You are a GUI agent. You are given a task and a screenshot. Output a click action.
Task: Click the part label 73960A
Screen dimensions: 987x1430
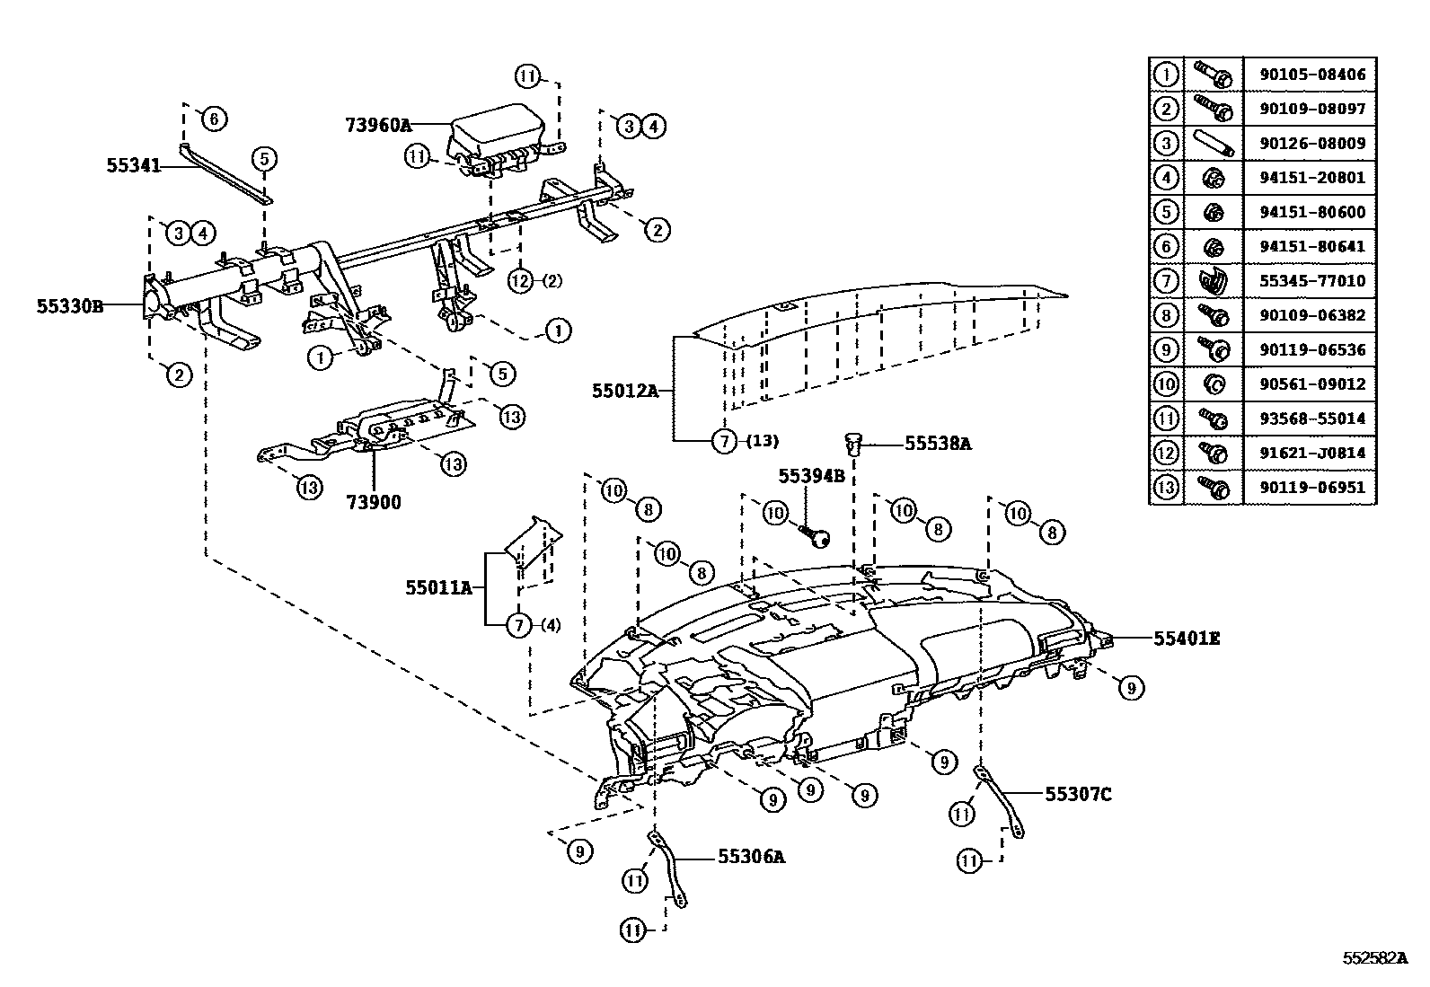[377, 124]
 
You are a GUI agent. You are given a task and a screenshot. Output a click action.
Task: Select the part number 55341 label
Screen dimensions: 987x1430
[133, 165]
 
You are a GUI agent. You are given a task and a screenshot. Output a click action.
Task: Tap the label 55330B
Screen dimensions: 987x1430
[70, 306]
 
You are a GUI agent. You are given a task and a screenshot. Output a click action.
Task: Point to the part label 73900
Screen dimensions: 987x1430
[375, 502]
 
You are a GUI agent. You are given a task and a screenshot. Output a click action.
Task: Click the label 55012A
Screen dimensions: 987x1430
[625, 391]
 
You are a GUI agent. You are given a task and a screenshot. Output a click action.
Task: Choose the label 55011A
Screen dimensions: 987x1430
[438, 588]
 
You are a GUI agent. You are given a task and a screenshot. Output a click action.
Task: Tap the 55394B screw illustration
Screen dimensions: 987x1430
[817, 538]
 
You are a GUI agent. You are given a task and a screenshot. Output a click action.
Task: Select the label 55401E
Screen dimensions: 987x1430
[1187, 639]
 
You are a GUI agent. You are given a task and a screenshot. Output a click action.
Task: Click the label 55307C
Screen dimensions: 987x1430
[1078, 794]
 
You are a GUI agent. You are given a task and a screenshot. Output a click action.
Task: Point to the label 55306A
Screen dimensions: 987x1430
[751, 857]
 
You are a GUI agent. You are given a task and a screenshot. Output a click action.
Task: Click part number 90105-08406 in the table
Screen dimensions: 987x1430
[1311, 75]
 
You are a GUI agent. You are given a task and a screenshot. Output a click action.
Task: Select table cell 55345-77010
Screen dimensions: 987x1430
[1311, 281]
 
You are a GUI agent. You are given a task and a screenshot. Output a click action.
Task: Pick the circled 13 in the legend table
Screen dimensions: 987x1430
[1165, 488]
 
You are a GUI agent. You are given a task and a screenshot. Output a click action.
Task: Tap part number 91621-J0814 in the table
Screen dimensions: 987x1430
[1311, 454]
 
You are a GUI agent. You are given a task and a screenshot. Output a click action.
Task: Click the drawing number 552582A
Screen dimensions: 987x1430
[1374, 957]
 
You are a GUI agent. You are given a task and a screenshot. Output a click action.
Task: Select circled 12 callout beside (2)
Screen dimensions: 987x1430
[521, 281]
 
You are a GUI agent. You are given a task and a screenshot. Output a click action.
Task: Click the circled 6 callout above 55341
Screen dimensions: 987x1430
[214, 118]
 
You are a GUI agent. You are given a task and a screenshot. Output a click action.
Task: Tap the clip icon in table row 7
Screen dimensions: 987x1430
[1213, 281]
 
